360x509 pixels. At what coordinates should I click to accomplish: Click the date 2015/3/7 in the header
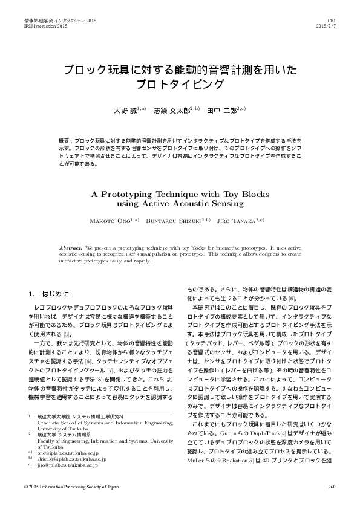pos(327,27)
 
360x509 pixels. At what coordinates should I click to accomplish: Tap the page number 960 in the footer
pos(332,487)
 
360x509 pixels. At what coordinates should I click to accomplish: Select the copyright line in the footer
pos(72,487)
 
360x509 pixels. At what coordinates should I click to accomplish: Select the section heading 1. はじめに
pos(49,294)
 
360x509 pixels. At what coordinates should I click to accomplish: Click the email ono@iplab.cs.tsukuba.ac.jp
pos(67,452)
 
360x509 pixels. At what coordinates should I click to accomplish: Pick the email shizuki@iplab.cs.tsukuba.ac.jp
pos(71,458)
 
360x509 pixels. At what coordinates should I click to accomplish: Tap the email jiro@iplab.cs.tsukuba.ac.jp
pos(68,465)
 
